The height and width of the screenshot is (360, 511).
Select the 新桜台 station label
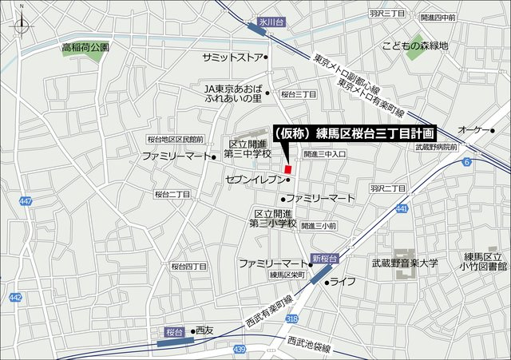point(325,258)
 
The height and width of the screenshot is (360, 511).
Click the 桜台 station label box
point(175,330)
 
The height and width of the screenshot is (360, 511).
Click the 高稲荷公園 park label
point(85,48)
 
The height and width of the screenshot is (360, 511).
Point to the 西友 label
point(204,330)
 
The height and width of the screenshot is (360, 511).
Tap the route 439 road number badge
point(240,350)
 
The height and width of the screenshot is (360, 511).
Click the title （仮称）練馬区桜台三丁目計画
point(353,133)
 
